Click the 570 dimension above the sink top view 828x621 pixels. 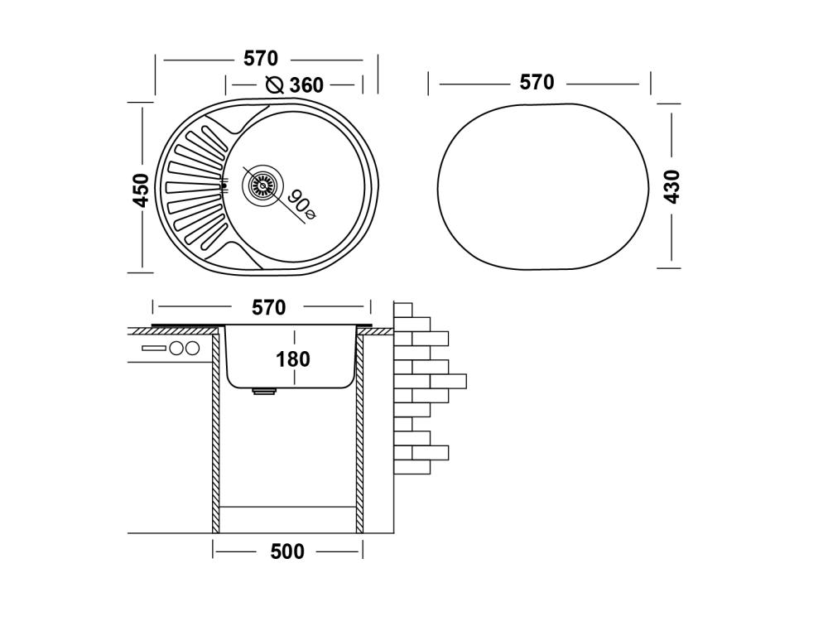click(x=261, y=59)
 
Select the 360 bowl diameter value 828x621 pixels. click(x=306, y=85)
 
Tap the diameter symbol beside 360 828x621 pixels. click(x=275, y=84)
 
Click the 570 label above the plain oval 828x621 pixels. click(x=537, y=83)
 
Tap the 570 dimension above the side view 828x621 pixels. click(x=268, y=307)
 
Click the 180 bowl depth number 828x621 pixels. click(x=293, y=359)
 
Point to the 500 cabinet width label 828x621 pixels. click(x=287, y=551)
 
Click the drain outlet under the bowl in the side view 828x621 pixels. click(x=265, y=392)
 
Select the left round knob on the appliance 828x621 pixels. click(x=176, y=349)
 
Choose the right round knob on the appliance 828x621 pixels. click(x=192, y=349)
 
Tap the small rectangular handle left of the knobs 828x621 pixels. click(x=154, y=349)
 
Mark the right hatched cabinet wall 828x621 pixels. click(x=360, y=431)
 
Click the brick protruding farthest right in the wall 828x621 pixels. click(x=448, y=382)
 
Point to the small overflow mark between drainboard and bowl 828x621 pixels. click(x=223, y=185)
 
